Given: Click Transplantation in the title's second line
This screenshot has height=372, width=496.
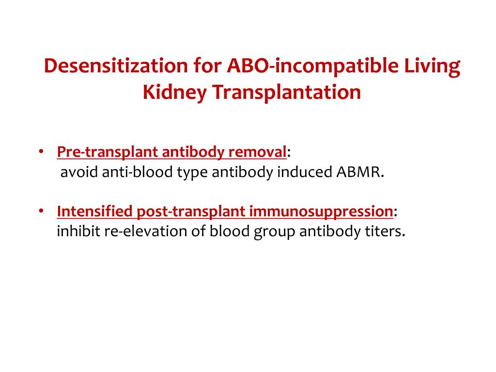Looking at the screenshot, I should pyautogui.click(x=286, y=92).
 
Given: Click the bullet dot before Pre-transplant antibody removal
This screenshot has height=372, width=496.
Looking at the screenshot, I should pyautogui.click(x=42, y=152).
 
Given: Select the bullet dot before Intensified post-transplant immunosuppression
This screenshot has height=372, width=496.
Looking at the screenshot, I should pyautogui.click(x=42, y=212).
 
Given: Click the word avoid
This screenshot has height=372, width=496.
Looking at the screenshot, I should pyautogui.click(x=79, y=172).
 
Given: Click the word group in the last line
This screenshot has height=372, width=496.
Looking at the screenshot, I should pyautogui.click(x=274, y=232).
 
